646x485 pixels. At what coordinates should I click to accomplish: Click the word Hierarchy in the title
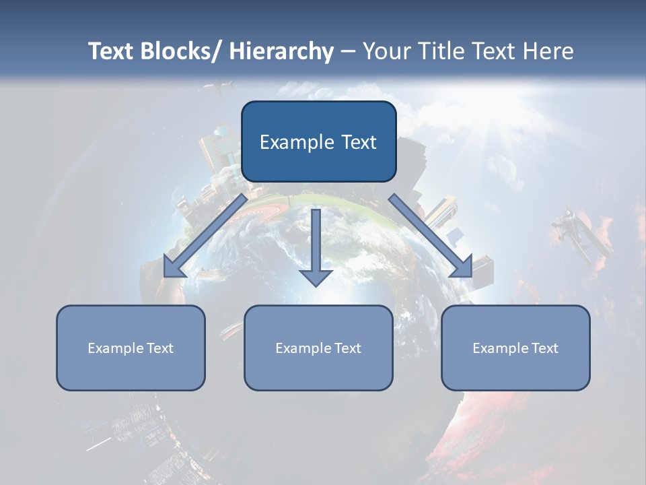pos(281,51)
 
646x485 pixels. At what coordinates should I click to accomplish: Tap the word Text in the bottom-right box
pos(544,348)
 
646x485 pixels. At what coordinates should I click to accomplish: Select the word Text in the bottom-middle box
pos(347,348)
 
